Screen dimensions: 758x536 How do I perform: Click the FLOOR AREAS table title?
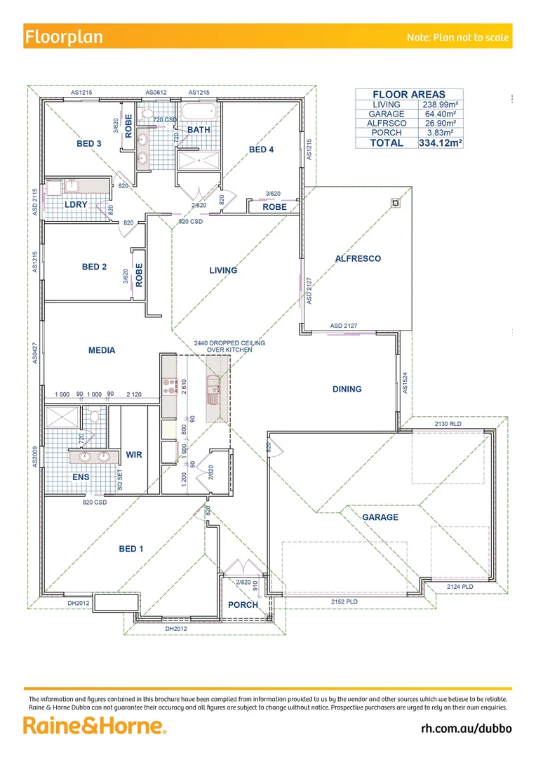(408, 95)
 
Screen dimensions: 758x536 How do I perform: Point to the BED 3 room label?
(89, 144)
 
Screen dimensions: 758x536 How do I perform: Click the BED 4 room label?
(261, 149)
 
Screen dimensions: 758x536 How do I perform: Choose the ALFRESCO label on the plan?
(358, 259)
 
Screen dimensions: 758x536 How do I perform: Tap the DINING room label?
(347, 390)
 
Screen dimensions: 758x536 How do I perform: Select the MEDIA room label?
(102, 351)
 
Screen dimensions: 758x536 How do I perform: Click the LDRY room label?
(75, 205)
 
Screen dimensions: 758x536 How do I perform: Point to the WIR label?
(133, 456)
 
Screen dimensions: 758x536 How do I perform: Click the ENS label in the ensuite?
(81, 477)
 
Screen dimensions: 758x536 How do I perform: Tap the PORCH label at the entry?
(243, 605)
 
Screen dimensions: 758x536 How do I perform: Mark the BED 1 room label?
(130, 549)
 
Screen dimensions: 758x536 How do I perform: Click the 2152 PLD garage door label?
(345, 602)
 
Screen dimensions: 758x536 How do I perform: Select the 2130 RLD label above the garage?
(448, 424)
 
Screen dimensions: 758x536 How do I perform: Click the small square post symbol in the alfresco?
(395, 204)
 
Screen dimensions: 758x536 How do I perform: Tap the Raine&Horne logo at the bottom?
(95, 725)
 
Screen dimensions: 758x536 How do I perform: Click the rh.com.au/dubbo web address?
(466, 728)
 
